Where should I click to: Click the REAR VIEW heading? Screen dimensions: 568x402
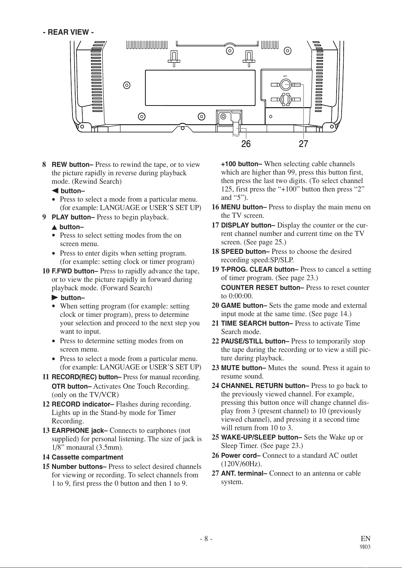(x=68, y=32)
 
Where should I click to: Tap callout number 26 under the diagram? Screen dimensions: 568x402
(x=246, y=144)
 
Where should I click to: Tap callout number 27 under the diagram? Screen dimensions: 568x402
(x=304, y=144)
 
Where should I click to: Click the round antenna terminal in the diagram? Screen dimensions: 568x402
(x=285, y=84)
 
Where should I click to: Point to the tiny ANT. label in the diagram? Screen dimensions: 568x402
(x=285, y=76)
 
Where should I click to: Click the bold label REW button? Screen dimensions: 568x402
(x=72, y=165)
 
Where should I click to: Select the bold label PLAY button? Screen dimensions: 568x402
(x=73, y=217)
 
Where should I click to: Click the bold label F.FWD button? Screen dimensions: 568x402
(x=75, y=271)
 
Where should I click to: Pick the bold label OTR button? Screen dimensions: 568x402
(x=71, y=386)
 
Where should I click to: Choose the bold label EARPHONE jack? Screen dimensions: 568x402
(x=80, y=430)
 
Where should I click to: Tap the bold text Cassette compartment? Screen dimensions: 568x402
(x=87, y=457)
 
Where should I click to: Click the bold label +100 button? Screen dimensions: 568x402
(x=241, y=164)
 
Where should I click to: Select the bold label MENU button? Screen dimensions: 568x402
(x=244, y=207)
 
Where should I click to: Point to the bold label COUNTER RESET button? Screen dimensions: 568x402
(x=262, y=288)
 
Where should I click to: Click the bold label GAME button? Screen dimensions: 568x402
(x=244, y=306)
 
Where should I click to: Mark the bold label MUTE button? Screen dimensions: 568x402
(x=243, y=368)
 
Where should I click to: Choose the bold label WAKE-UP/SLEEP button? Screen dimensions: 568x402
(x=261, y=438)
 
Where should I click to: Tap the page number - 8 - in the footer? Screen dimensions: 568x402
(x=206, y=538)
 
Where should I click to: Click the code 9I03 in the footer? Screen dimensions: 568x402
(x=365, y=547)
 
